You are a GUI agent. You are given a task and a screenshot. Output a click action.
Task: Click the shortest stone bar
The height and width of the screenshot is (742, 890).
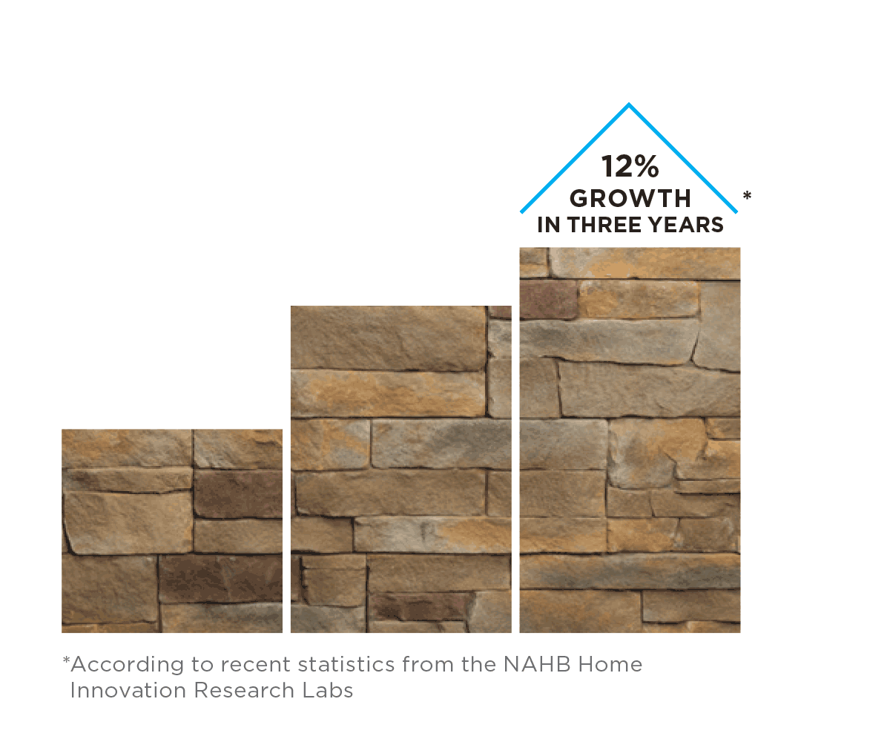point(172,531)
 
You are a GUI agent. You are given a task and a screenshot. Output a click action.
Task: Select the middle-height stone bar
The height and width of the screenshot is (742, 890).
point(400,469)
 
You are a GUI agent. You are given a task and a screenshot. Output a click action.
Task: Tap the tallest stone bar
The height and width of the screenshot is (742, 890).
point(630,440)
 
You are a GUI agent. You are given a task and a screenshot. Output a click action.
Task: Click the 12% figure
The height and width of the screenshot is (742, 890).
point(630,166)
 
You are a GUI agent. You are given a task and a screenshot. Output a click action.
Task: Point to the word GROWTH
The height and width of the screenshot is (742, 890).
point(630,198)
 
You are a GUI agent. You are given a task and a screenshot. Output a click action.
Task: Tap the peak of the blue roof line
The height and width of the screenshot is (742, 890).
point(629,104)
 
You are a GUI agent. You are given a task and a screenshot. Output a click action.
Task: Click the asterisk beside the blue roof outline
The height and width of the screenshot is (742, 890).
point(747,195)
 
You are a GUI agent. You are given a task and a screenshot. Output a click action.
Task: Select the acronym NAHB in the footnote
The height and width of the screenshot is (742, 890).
point(537,664)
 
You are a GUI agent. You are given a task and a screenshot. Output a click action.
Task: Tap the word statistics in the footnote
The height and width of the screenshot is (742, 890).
point(346,664)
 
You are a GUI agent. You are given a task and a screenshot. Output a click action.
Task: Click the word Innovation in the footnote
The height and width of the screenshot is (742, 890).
point(128,690)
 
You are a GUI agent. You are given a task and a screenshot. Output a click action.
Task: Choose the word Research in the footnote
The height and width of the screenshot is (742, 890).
point(244,690)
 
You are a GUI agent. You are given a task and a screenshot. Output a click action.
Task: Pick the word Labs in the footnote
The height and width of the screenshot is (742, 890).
point(327,690)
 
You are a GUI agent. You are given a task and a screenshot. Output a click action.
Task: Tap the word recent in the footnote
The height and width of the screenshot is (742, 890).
point(255,665)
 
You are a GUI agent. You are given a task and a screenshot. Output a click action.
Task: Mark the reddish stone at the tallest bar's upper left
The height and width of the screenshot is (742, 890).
point(548,299)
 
